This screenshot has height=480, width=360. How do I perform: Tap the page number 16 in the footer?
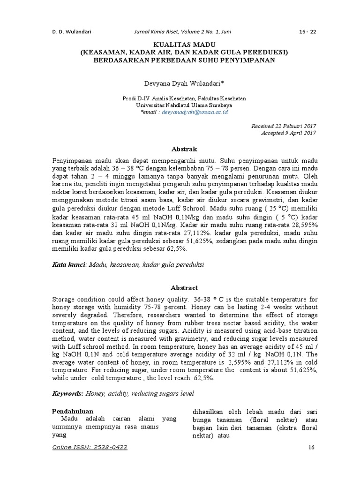click(x=311, y=447)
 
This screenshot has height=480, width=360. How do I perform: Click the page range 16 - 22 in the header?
click(x=307, y=32)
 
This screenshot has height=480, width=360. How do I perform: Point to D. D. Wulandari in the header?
click(x=71, y=32)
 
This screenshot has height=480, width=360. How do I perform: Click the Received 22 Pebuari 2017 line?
click(x=284, y=127)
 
